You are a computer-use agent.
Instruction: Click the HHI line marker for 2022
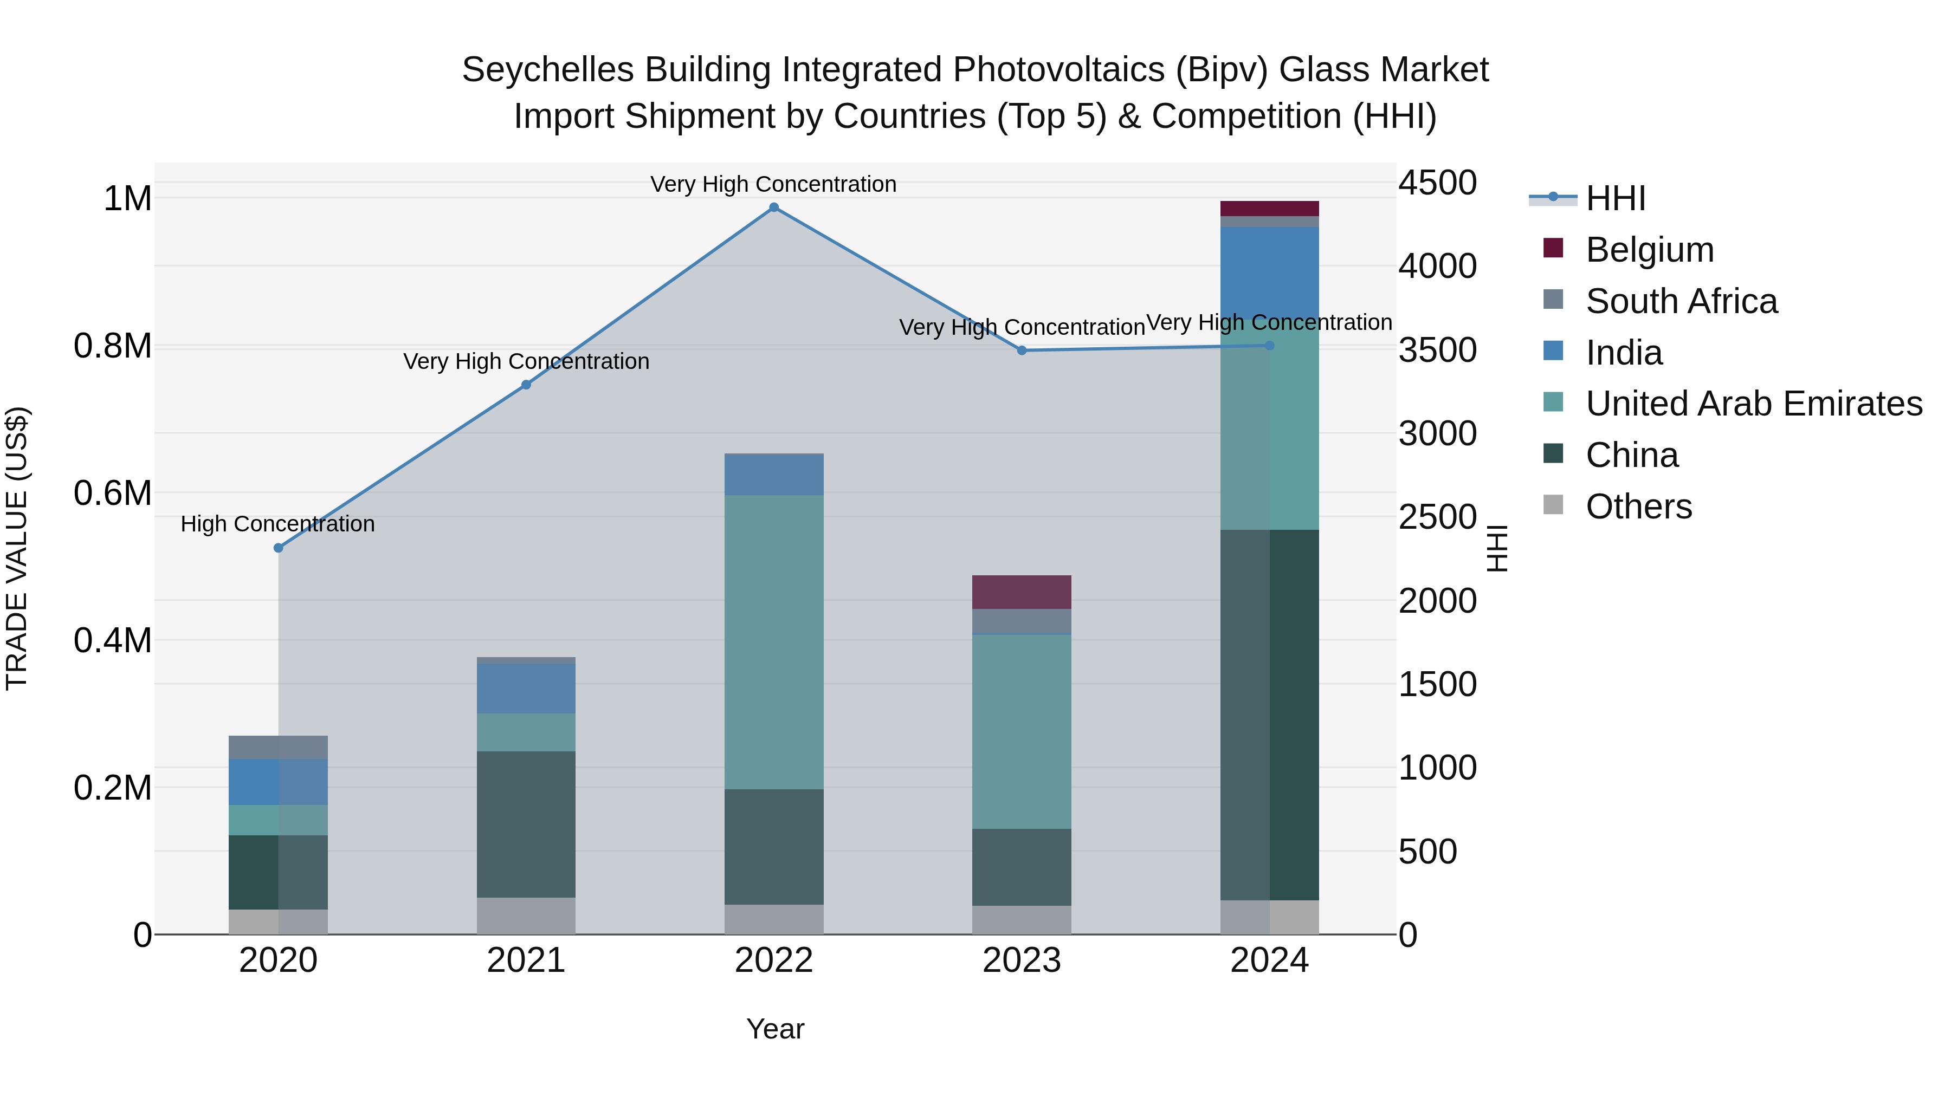[773, 207]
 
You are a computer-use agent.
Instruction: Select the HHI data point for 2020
[278, 547]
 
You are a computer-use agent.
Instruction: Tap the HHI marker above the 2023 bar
[1022, 350]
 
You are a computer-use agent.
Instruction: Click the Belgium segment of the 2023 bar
[1022, 592]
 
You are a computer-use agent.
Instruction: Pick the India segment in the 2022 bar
[773, 475]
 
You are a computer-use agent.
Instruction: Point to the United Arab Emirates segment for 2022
[773, 642]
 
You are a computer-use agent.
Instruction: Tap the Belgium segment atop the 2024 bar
[1269, 208]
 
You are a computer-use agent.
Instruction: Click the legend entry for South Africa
[1681, 301]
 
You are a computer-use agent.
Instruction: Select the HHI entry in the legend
[1615, 198]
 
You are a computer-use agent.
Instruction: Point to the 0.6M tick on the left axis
[112, 494]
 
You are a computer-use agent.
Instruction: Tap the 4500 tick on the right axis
[1437, 183]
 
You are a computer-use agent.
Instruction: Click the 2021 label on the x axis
[526, 960]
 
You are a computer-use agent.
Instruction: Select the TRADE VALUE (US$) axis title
[17, 548]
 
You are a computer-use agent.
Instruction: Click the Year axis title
[775, 1029]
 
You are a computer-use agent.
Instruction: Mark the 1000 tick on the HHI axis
[1437, 768]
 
